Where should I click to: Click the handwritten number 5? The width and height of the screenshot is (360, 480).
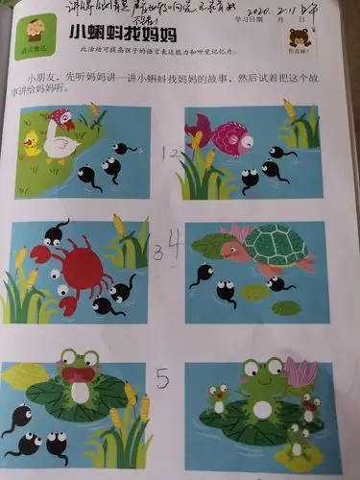162,379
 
